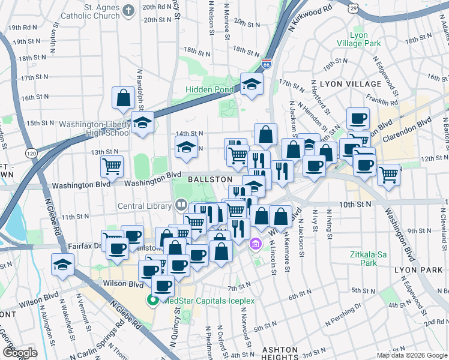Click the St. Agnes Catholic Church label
(93, 11)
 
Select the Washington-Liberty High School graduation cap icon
(142, 123)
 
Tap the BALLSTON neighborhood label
(209, 179)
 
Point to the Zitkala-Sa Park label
(364, 259)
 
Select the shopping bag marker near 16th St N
(123, 98)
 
